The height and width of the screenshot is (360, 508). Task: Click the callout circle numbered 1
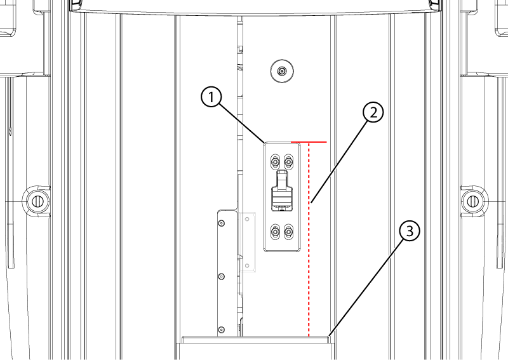point(211,97)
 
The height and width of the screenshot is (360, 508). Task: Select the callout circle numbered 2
point(373,112)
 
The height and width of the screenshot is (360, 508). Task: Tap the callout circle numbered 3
point(410,231)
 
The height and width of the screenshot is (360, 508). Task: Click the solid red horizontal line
point(309,142)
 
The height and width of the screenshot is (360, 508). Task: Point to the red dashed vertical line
point(309,240)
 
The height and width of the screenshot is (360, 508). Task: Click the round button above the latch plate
point(282,71)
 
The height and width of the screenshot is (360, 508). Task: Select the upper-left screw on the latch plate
point(275,161)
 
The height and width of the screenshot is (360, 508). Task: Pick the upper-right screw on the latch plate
point(288,161)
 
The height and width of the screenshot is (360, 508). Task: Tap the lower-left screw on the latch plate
point(275,232)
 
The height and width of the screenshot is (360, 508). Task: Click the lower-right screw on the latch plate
point(288,232)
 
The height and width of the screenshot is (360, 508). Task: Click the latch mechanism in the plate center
point(282,191)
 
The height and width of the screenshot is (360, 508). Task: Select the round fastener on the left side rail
point(36,201)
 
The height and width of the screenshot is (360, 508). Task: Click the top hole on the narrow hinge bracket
point(222,223)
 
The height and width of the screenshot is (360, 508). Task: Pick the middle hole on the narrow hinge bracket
point(222,276)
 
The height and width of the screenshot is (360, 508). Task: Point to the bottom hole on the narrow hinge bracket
point(222,330)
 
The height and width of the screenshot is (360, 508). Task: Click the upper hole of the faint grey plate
point(247,220)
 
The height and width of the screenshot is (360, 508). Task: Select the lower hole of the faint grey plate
point(247,265)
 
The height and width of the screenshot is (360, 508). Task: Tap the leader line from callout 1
point(243,123)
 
